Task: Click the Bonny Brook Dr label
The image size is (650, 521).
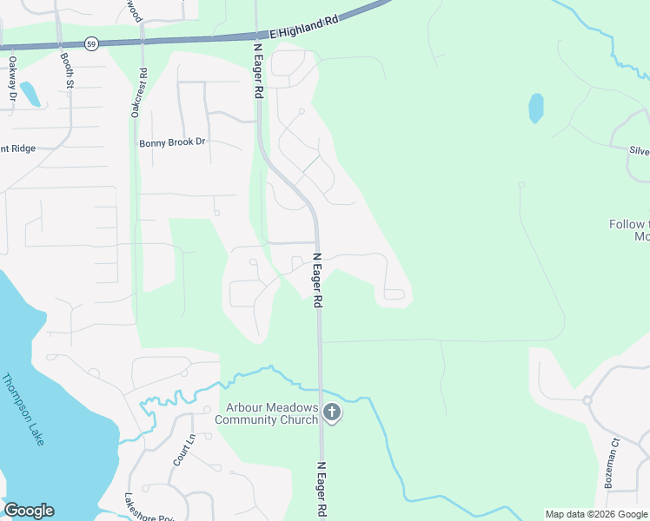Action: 172,142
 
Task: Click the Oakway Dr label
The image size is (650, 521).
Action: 13,77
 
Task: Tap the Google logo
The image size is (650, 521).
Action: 29,511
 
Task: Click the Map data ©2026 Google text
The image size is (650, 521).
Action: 596,514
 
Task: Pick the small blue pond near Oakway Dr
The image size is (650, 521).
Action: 29,94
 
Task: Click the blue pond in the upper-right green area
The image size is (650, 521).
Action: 536,108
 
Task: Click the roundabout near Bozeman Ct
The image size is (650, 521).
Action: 587,400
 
